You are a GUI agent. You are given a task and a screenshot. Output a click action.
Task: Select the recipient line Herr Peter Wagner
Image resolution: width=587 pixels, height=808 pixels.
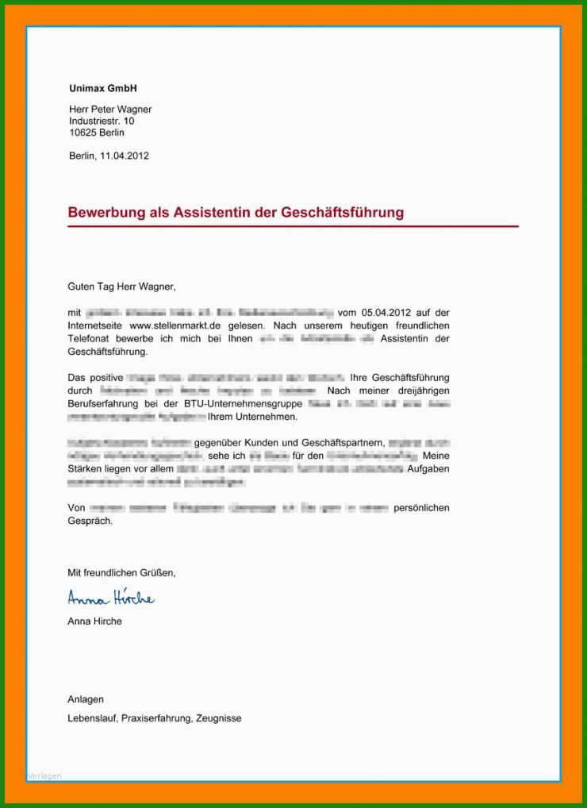click(x=109, y=110)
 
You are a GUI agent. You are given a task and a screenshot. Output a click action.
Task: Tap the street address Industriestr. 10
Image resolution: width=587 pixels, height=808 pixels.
click(x=102, y=121)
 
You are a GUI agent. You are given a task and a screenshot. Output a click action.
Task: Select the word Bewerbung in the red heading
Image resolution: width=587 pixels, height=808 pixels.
click(x=106, y=213)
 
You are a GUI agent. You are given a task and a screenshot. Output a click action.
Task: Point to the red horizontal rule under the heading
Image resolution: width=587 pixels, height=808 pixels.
click(x=293, y=227)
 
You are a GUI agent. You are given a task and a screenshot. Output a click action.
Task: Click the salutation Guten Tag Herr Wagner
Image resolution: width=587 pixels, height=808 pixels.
click(x=121, y=286)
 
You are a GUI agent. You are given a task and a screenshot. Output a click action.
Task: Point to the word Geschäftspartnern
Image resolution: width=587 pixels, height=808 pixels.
click(x=343, y=442)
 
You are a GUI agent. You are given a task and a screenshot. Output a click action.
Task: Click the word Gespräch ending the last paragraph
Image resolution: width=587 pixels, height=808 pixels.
click(x=90, y=521)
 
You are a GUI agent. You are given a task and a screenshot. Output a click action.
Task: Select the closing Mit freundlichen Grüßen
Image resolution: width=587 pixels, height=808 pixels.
click(x=121, y=572)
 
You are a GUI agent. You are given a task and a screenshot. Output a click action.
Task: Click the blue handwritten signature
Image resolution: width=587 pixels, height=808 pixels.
click(x=110, y=597)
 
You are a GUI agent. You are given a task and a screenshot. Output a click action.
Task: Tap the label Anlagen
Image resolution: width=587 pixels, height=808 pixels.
click(x=86, y=699)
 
